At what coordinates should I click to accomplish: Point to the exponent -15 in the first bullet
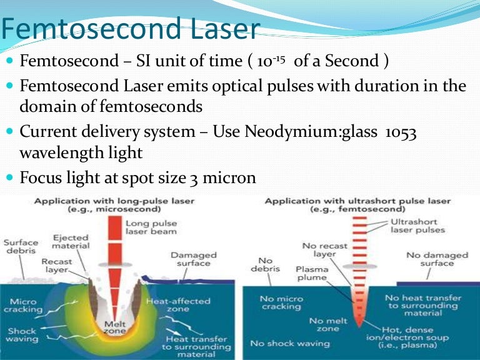tap(275, 58)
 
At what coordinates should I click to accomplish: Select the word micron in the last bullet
tap(231, 177)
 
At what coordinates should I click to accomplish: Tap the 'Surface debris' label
tap(21, 247)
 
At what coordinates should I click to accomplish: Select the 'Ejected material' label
tap(71, 242)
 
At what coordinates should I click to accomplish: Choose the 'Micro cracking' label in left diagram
tap(24, 305)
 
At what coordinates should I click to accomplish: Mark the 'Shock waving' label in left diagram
tap(23, 336)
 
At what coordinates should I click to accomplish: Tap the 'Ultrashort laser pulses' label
tap(417, 226)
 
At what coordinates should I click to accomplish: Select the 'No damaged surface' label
tap(437, 259)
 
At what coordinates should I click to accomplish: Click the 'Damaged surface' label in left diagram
tap(194, 259)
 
